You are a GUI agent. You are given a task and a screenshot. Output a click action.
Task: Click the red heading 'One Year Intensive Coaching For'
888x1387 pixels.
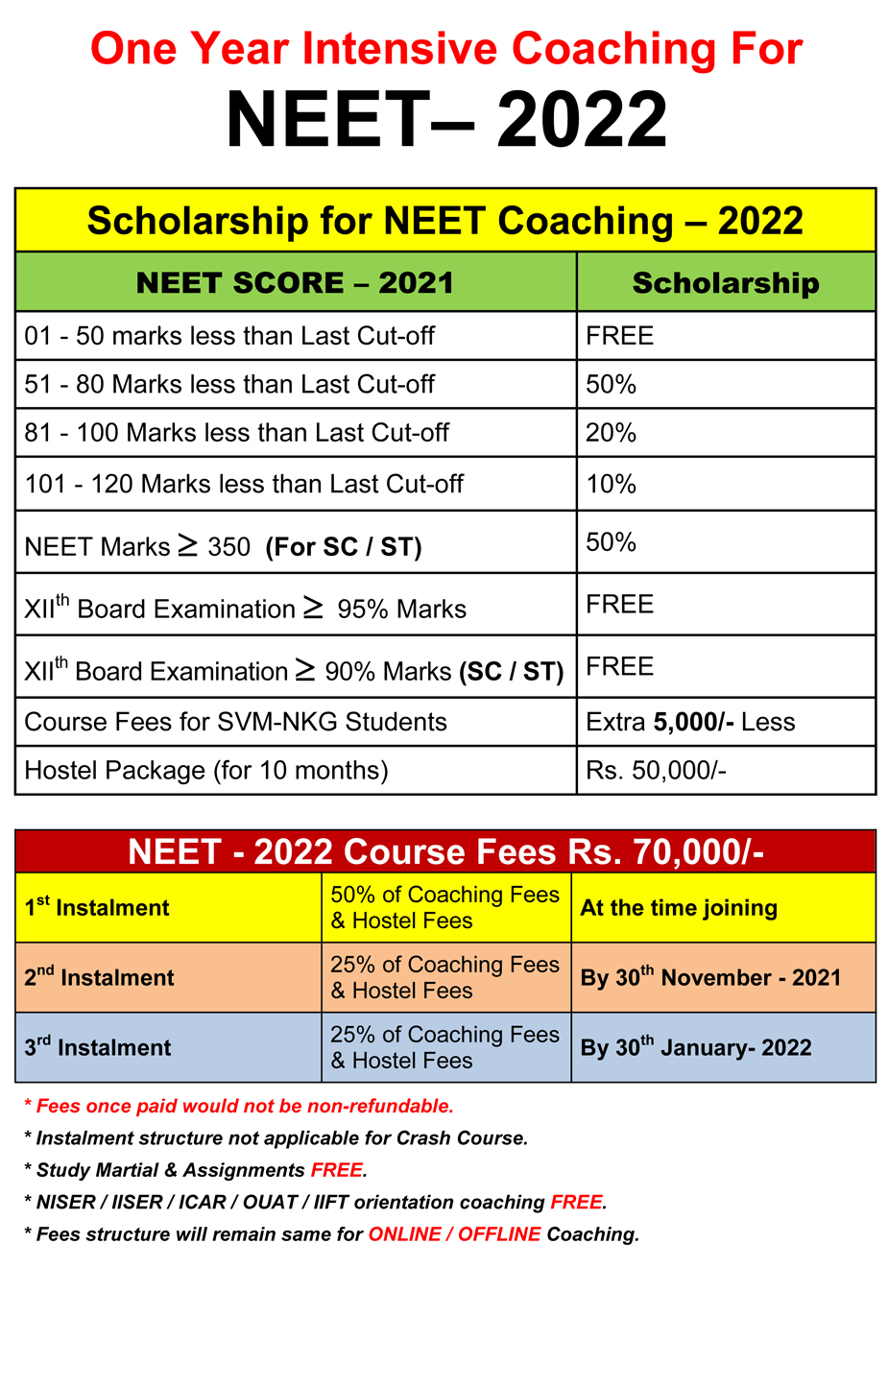click(446, 49)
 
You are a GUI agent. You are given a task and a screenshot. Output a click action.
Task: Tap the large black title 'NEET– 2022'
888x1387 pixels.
click(446, 120)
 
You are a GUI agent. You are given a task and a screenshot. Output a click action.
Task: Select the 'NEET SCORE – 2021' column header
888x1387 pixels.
click(295, 283)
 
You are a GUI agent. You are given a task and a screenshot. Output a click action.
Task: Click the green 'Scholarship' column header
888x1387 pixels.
click(726, 283)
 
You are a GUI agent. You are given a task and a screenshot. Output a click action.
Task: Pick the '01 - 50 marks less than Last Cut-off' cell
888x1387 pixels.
click(229, 336)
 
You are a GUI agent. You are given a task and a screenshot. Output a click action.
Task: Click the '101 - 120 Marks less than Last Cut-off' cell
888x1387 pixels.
click(244, 484)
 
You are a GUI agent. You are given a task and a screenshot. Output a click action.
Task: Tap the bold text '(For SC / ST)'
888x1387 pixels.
click(344, 547)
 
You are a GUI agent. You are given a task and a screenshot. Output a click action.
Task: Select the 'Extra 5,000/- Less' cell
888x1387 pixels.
click(690, 722)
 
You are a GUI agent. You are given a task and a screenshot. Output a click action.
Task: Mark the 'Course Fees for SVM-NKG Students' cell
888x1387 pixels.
click(235, 722)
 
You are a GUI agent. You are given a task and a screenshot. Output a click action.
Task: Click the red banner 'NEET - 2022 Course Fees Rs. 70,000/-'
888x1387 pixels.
click(445, 852)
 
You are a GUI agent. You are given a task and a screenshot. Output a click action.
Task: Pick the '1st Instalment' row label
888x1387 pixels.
click(97, 907)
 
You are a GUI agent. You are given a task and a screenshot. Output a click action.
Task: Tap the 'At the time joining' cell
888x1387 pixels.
click(679, 908)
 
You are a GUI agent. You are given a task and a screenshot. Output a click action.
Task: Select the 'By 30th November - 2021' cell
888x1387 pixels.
click(710, 977)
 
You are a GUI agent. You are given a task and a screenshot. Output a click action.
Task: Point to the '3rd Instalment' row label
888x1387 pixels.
click(98, 1047)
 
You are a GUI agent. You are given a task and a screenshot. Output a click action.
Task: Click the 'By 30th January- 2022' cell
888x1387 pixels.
click(696, 1047)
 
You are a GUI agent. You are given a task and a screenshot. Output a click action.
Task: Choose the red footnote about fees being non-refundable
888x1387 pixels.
click(239, 1106)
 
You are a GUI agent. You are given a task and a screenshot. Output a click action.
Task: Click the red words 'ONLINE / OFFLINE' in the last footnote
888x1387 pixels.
click(454, 1234)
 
